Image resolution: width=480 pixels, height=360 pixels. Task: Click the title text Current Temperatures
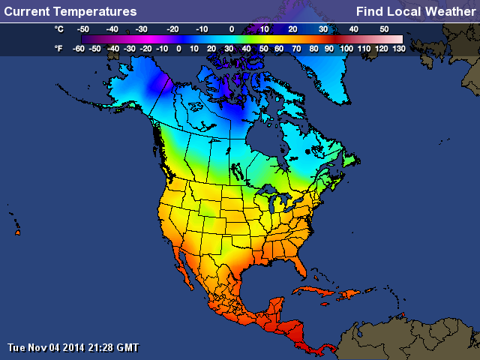(70, 11)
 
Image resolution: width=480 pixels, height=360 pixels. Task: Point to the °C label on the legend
(58, 28)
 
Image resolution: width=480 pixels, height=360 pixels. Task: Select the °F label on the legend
(58, 48)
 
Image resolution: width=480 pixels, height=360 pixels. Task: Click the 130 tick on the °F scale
(398, 48)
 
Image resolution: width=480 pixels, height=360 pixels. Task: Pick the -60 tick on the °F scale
(78, 48)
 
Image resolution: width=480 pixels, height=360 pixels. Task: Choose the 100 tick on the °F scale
(346, 48)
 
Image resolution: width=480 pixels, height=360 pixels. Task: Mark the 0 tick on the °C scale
(232, 28)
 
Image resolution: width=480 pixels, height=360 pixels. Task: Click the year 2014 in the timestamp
(73, 347)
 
